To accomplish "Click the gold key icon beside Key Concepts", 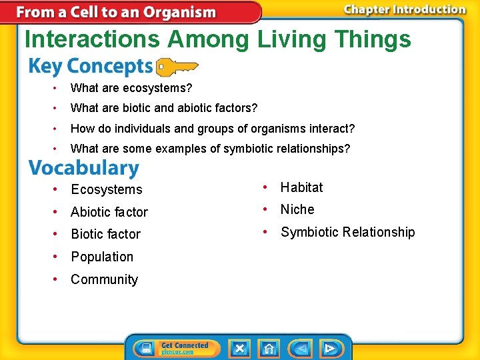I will (x=176, y=67).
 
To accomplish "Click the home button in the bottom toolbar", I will (x=269, y=348).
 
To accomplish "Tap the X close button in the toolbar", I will (x=239, y=348).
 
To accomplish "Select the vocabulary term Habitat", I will (x=301, y=187).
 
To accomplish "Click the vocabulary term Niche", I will (x=297, y=209).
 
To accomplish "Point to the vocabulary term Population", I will (x=102, y=257).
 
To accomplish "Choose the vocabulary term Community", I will (x=104, y=279).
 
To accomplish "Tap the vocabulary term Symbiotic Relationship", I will (x=347, y=232).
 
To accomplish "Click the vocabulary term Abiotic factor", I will (x=109, y=212).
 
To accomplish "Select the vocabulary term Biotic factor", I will (x=105, y=234).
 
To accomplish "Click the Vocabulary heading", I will (x=84, y=168).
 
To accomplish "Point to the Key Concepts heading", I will (x=91, y=67).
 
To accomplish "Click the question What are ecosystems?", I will (x=131, y=87).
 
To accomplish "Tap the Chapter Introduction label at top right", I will (x=404, y=9).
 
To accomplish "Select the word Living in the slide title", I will (x=289, y=39).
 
